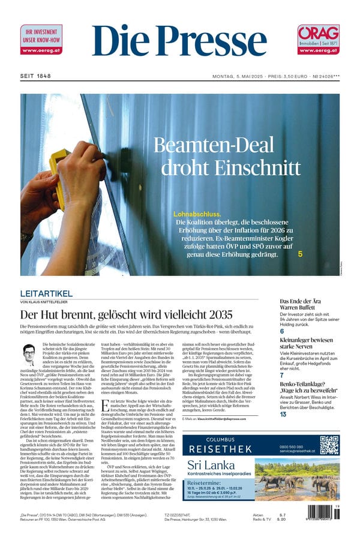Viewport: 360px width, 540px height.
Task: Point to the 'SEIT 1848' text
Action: coord(35,76)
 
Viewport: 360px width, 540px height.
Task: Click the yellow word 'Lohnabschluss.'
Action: coord(197,214)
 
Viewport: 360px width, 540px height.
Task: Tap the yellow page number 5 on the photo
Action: coord(300,254)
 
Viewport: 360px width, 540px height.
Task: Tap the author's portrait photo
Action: coord(29,355)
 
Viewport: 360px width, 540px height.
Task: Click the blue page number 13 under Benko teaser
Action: coord(283,415)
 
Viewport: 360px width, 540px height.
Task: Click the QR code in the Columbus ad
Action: coord(329,445)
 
